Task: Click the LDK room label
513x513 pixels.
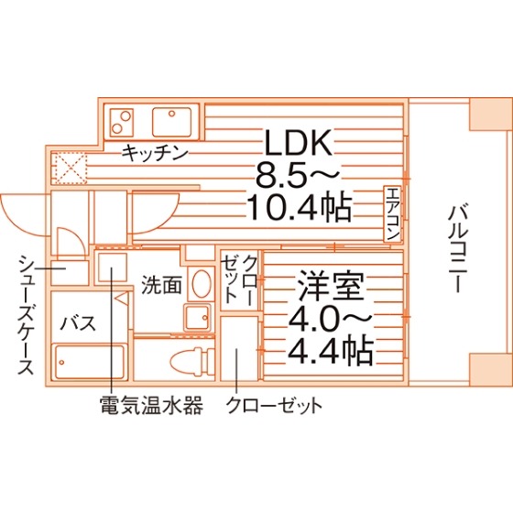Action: point(298,143)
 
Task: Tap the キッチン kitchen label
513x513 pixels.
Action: point(155,153)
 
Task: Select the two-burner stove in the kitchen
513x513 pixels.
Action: point(122,123)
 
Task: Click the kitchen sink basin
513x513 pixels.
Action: point(172,123)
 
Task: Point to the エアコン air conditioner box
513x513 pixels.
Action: point(392,214)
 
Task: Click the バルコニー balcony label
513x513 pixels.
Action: point(457,248)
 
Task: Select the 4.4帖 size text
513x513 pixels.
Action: point(331,350)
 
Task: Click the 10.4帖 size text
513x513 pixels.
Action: point(299,207)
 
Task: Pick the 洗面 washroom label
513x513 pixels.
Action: point(161,285)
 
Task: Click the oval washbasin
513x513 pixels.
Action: point(201,284)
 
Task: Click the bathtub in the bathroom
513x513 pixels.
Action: point(90,362)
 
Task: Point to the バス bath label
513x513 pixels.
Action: point(79,322)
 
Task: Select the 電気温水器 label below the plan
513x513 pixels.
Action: point(151,405)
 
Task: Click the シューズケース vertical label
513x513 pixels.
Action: point(26,315)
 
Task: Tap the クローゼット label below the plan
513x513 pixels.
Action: point(274,405)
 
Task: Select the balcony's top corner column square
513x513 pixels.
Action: point(489,114)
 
